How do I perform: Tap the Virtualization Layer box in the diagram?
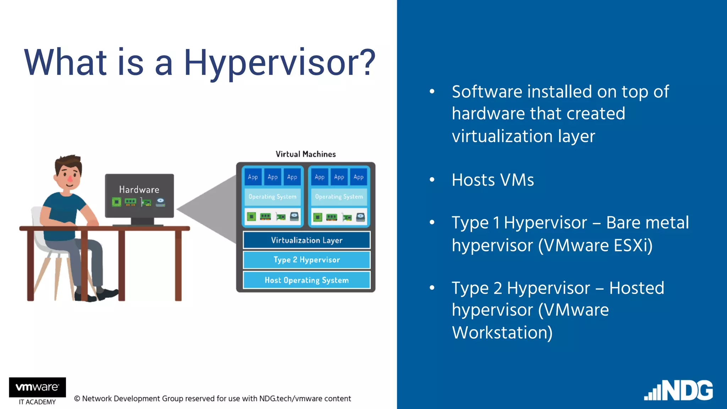[306, 240]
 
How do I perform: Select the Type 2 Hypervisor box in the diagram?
[306, 260]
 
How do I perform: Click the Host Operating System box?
[306, 280]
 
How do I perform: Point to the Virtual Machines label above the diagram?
[306, 154]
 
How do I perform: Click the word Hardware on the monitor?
[139, 190]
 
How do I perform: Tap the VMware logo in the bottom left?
[37, 387]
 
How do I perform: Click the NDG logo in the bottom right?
[679, 391]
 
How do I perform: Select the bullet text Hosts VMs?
[493, 180]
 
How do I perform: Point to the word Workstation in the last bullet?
[502, 333]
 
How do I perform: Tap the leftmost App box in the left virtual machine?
[253, 177]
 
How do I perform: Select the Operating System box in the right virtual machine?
[339, 197]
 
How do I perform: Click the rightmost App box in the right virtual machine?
[359, 177]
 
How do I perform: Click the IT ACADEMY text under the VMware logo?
[37, 402]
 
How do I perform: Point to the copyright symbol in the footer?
[77, 399]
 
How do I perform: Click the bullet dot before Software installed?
[432, 92]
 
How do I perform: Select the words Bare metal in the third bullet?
[647, 223]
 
